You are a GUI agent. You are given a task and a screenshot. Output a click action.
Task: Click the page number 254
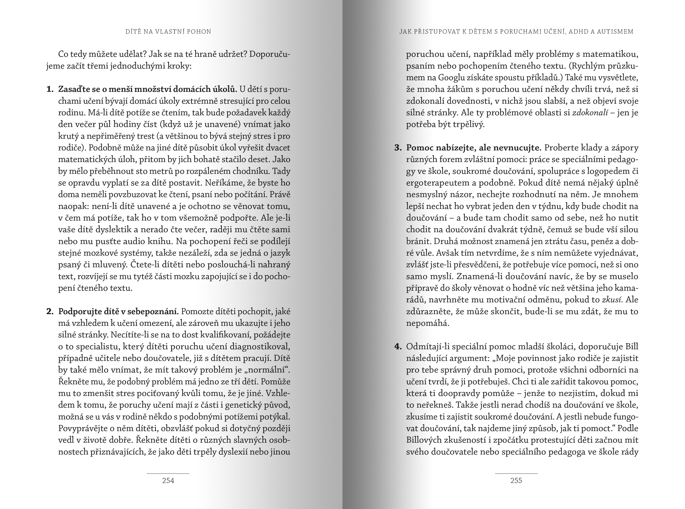tap(168, 480)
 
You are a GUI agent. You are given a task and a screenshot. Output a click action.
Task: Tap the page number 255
tap(516, 480)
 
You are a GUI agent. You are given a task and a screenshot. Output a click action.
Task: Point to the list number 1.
tap(50, 89)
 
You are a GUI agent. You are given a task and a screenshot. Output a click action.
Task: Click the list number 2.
tap(50, 311)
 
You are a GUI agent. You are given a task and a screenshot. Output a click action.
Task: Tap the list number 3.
tap(398, 148)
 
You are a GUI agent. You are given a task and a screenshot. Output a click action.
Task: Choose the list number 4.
tap(398, 347)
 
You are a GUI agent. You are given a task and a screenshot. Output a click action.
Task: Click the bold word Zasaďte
tap(73, 89)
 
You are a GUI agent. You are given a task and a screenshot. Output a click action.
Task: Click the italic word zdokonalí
tap(590, 113)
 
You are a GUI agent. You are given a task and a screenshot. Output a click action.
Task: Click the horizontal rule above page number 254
tap(168, 473)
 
